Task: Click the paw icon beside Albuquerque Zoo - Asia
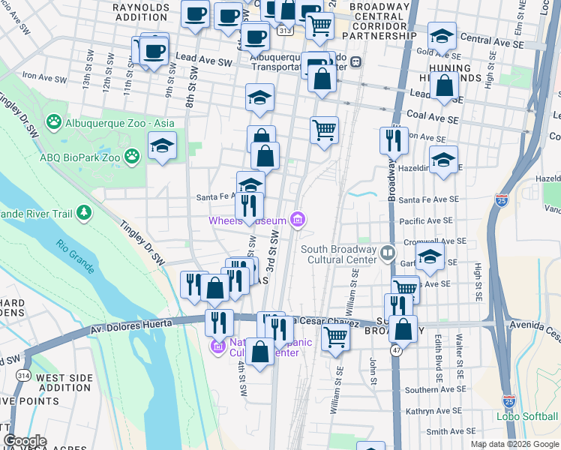tap(54, 121)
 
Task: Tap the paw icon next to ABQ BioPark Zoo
tap(133, 156)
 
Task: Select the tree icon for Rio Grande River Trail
tap(83, 214)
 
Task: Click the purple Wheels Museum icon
tap(298, 220)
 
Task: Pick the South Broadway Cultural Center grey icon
tap(387, 253)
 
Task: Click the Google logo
tap(25, 441)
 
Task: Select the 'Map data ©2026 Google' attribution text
tap(514, 444)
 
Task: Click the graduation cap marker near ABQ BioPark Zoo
tap(162, 146)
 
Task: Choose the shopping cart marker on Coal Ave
tap(324, 130)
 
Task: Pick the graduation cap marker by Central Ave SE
tap(442, 36)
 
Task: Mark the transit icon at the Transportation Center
tap(358, 61)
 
